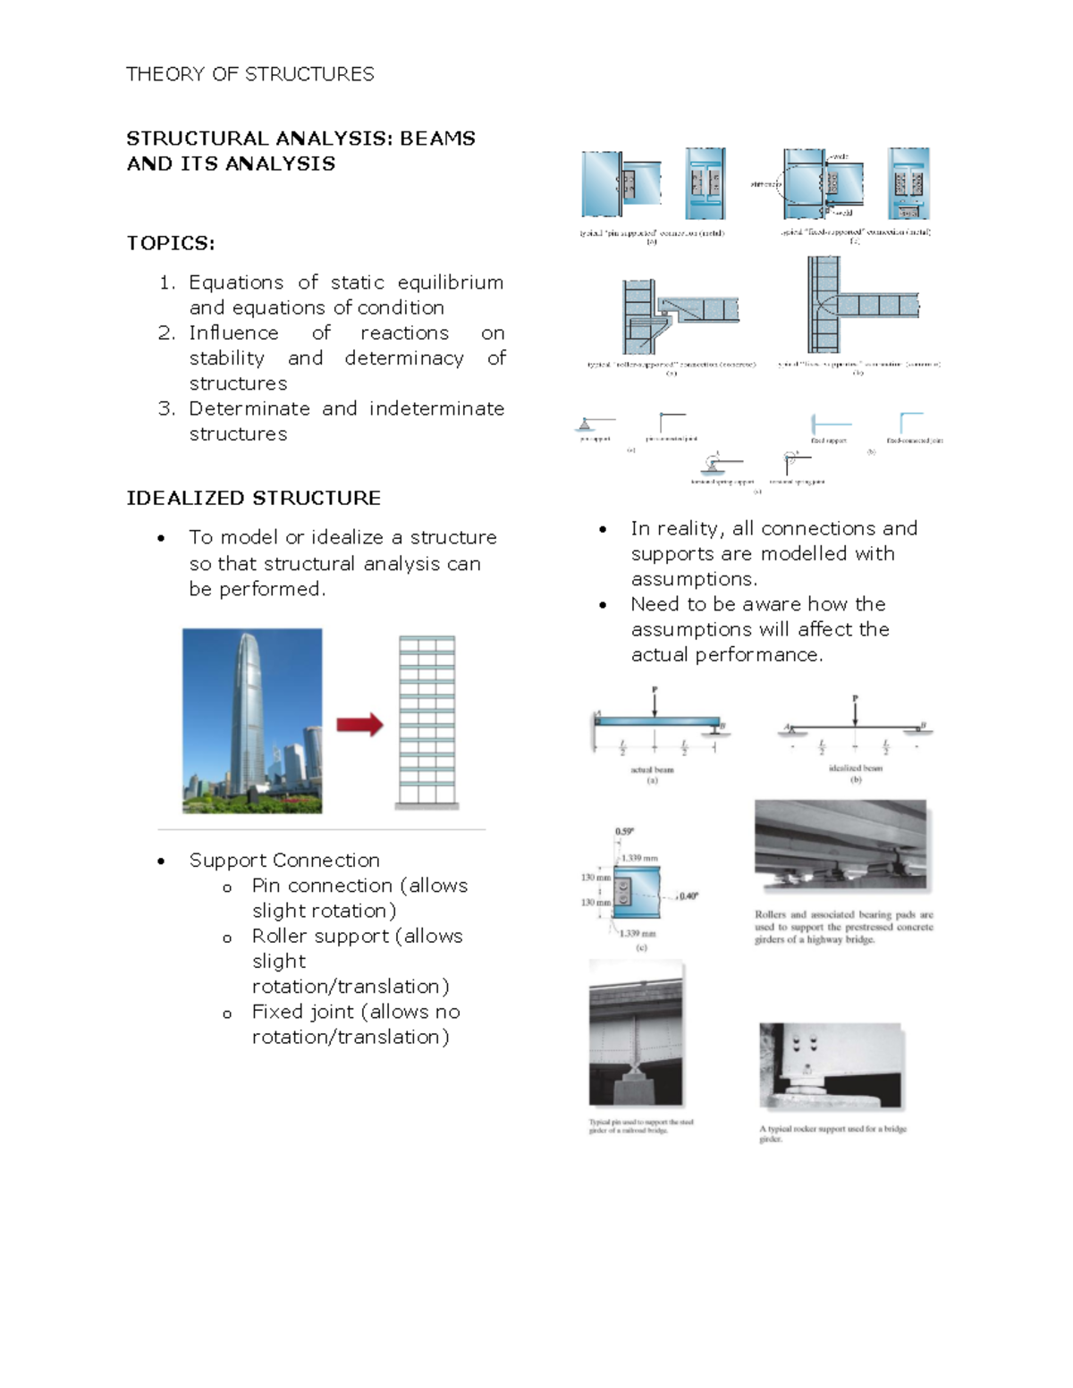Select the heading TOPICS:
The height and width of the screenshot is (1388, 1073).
click(x=170, y=243)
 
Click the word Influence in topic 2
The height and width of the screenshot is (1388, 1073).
click(x=233, y=332)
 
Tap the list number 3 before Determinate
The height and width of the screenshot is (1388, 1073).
click(x=165, y=408)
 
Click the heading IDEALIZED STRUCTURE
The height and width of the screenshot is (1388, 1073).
click(x=253, y=498)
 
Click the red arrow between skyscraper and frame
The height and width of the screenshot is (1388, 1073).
click(x=359, y=724)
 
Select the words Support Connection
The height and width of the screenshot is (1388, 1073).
click(x=284, y=860)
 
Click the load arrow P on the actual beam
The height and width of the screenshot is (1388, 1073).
click(x=655, y=702)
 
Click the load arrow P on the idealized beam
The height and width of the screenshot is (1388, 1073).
click(x=855, y=711)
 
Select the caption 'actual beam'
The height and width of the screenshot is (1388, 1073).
click(x=652, y=770)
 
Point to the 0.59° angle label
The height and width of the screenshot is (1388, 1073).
click(x=624, y=832)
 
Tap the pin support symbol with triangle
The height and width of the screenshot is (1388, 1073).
click(x=586, y=425)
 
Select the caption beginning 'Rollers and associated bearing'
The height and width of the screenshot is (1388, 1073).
click(x=843, y=927)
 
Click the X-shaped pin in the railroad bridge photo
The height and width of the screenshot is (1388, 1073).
click(x=635, y=1067)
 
